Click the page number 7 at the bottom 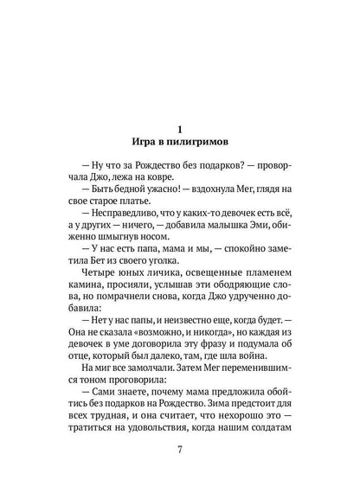[x=179, y=451]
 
